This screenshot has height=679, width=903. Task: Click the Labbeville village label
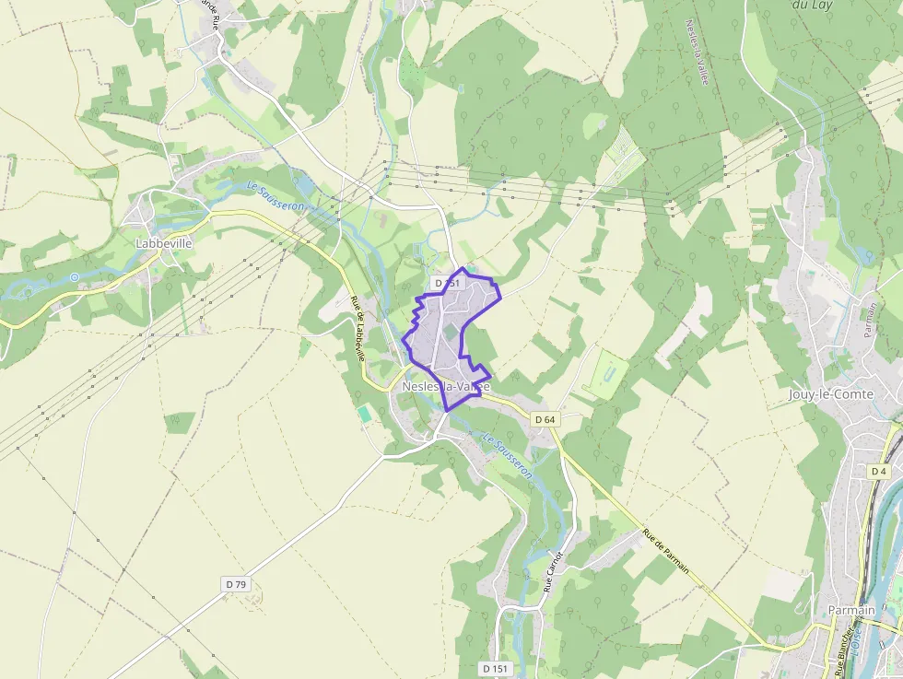(163, 243)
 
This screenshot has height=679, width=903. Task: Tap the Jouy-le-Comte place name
(831, 394)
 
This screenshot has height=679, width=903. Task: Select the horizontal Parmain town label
(850, 610)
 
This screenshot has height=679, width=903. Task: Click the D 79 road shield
(236, 584)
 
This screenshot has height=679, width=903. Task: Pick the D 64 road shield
(545, 419)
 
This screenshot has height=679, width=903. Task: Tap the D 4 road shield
(879, 471)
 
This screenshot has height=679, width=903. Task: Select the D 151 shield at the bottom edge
(495, 668)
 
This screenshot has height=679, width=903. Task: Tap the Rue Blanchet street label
(839, 649)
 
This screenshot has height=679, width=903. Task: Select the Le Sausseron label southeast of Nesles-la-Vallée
(507, 456)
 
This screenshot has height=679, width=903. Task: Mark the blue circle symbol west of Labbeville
(74, 276)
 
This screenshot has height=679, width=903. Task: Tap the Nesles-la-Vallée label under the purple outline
(444, 387)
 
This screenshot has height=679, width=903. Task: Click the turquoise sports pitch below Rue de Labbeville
(365, 415)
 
